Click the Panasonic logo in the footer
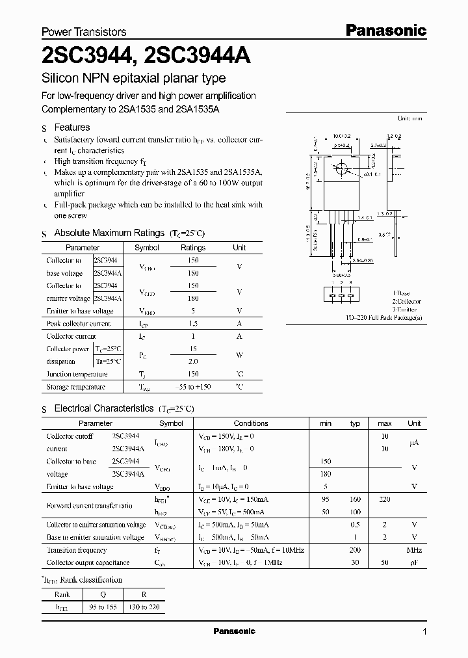235,631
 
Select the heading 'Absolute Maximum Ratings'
109,233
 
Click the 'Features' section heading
72,127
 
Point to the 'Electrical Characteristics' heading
103,408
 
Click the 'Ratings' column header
192,248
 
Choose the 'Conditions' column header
251,423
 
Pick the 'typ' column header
356,423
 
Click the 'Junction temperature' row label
77,374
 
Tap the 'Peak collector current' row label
79,323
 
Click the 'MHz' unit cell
414,550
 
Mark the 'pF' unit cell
414,562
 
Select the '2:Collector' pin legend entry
406,302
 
